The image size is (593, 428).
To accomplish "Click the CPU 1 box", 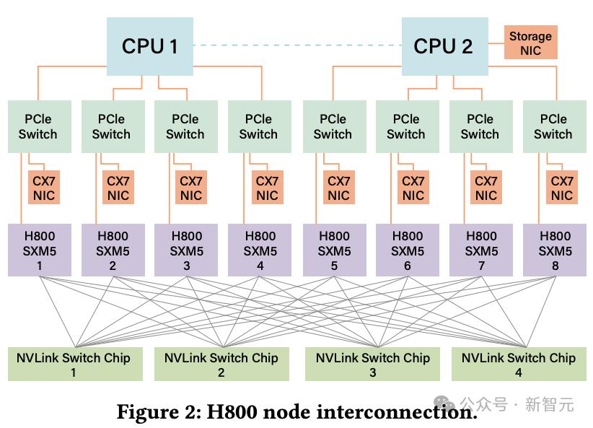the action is tap(150, 46).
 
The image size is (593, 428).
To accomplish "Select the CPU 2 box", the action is tap(444, 46).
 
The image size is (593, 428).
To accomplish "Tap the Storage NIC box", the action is tap(531, 43).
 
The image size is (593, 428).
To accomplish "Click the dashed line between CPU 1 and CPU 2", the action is tap(297, 45).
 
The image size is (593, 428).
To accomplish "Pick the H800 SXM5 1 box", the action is tap(40, 250).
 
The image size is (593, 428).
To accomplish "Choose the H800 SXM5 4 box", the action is tap(260, 250).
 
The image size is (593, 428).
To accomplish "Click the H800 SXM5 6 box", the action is tap(408, 250).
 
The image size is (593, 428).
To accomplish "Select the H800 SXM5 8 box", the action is tap(555, 250).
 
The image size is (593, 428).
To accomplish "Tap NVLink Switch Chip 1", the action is tap(75, 364).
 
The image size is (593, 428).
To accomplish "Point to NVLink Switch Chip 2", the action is tap(221, 364).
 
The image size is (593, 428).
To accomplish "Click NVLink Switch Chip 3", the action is tap(372, 364).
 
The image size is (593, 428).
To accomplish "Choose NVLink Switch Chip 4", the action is tap(519, 364).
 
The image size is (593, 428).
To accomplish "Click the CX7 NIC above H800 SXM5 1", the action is tap(44, 188).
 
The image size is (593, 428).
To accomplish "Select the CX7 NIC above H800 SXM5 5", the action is tap(339, 188).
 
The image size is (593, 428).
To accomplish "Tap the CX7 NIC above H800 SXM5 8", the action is tap(562, 188).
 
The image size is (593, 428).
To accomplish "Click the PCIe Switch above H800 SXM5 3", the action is tap(185, 126).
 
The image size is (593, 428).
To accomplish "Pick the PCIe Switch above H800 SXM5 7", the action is tap(480, 126).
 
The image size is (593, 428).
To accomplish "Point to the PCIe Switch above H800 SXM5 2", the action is tap(113, 126).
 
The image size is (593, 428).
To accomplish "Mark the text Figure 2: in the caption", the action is tap(159, 411).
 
